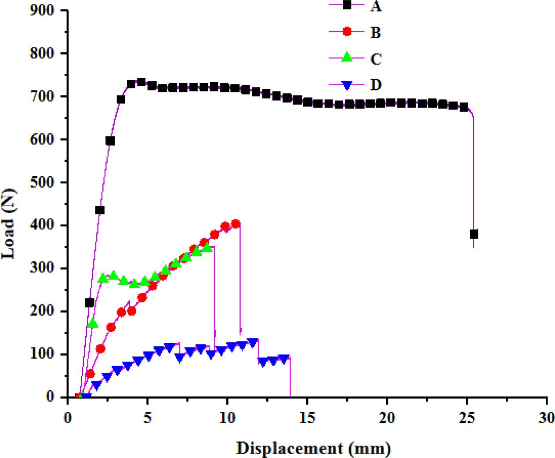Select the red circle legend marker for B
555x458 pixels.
(x=347, y=32)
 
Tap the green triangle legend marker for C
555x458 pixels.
(x=347, y=57)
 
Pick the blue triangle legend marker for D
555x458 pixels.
(x=347, y=84)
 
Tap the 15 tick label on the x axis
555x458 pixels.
(x=307, y=418)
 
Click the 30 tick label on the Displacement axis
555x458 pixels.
(x=546, y=418)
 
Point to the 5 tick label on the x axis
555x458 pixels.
(x=148, y=418)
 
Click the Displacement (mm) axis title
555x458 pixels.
(x=313, y=448)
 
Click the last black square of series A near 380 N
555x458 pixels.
(x=474, y=234)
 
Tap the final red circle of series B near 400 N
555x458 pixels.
(x=236, y=224)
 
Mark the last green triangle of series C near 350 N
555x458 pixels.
(x=207, y=247)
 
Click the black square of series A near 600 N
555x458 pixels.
(x=110, y=141)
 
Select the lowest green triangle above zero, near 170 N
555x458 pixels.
(x=93, y=324)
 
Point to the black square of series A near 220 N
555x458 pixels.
(x=90, y=303)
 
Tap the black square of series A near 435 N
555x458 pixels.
(x=100, y=210)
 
